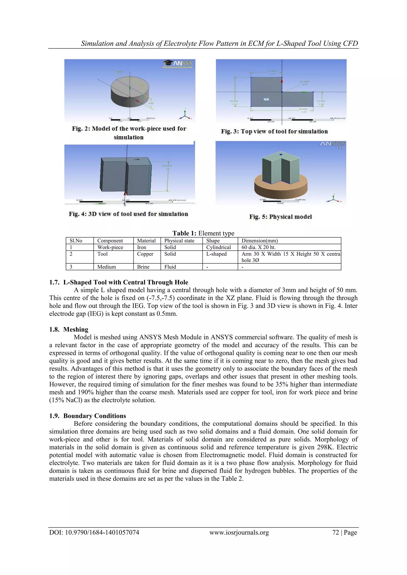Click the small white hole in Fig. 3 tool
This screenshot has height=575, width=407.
point(266,99)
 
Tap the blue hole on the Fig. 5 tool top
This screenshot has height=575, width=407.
point(281,155)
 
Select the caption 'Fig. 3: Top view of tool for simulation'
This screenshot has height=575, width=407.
point(274,131)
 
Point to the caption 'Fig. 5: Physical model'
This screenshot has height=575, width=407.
point(280,217)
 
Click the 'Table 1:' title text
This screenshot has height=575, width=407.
point(184,233)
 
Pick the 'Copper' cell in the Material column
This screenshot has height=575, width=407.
point(145,254)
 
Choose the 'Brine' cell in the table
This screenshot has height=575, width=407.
point(143,267)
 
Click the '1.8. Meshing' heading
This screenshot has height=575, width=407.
point(69,329)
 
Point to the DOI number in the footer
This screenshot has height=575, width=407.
point(94,532)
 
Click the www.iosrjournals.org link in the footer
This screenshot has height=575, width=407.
point(239,532)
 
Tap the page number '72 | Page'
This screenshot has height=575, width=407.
point(344,532)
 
